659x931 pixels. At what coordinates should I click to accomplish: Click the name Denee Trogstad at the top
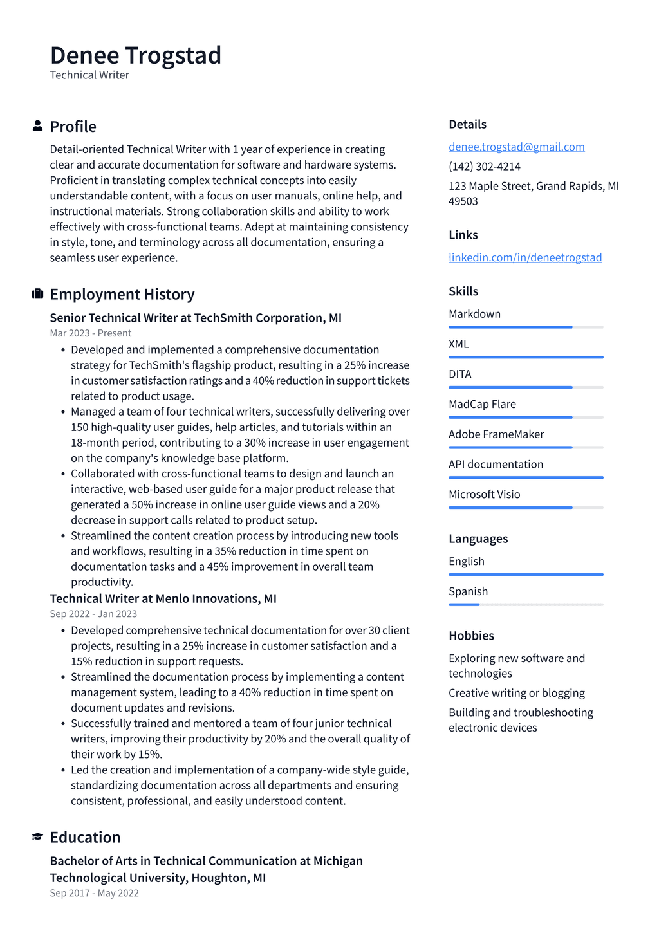[x=135, y=55]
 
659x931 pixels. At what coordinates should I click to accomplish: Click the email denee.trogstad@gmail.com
[x=516, y=147]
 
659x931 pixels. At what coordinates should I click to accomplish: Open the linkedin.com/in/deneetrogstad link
[x=525, y=257]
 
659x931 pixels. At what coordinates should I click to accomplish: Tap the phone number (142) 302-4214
[x=484, y=166]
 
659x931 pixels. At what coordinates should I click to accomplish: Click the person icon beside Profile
[x=37, y=126]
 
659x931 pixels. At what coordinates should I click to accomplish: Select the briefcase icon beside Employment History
[x=37, y=294]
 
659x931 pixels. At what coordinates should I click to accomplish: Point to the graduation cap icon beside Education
[x=37, y=836]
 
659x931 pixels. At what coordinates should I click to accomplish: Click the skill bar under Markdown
[x=525, y=327]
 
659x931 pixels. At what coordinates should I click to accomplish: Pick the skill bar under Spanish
[x=525, y=604]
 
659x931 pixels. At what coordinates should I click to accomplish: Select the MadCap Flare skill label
[x=482, y=404]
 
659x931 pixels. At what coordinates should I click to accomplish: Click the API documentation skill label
[x=496, y=464]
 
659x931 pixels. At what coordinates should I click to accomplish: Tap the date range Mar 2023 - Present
[x=90, y=333]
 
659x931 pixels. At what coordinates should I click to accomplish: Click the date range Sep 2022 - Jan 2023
[x=93, y=614]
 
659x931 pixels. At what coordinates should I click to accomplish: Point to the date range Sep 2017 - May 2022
[x=94, y=893]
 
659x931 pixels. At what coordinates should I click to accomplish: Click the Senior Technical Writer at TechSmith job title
[x=196, y=318]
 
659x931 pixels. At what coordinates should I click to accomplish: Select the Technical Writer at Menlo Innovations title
[x=163, y=598]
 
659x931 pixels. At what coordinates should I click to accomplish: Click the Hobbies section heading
[x=471, y=636]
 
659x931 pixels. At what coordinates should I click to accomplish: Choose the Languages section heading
[x=478, y=539]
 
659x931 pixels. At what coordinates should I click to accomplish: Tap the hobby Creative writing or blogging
[x=516, y=693]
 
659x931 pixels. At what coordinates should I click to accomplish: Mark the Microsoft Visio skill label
[x=484, y=494]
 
